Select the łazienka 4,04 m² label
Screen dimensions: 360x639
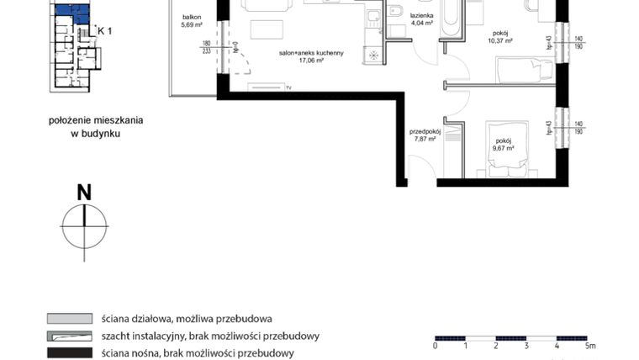coord(421,20)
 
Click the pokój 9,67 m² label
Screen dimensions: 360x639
coord(504,145)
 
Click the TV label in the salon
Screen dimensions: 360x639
coord(288,87)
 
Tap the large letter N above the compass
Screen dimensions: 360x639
coord(84,193)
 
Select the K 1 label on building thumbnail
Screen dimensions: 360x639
coord(105,30)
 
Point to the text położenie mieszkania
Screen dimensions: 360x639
coord(95,120)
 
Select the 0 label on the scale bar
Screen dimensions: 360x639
coord(436,345)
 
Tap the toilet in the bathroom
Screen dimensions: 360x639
coord(394,12)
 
